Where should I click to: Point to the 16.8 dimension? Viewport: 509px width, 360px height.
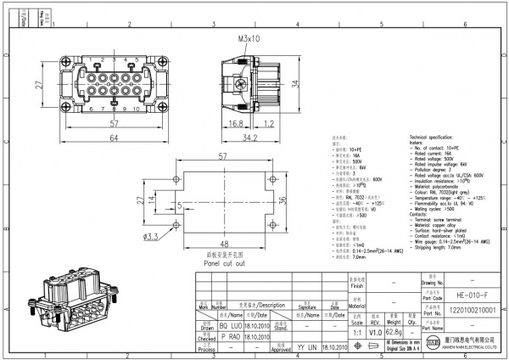click(x=237, y=123)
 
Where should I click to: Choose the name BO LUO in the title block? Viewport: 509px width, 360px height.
click(x=207, y=324)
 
